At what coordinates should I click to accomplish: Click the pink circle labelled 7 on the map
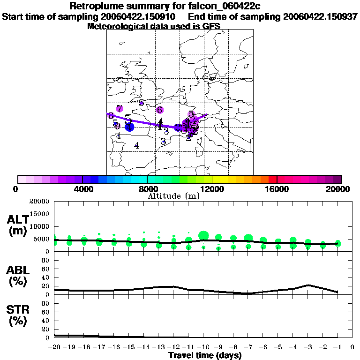pos(120,109)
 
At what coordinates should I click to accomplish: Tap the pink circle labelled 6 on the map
pos(160,110)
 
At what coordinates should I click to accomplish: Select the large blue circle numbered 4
pos(129,127)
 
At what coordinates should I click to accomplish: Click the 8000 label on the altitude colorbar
pos(147,189)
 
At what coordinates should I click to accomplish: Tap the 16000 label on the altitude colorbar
pos(277,189)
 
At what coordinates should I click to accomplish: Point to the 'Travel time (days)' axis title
pos(205,356)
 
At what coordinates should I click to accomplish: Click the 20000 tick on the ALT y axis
pos(39,202)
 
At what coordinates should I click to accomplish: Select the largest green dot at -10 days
pos(203,235)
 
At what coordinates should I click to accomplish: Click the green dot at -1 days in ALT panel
pos(338,243)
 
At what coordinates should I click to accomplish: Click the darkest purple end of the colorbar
pos(338,179)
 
